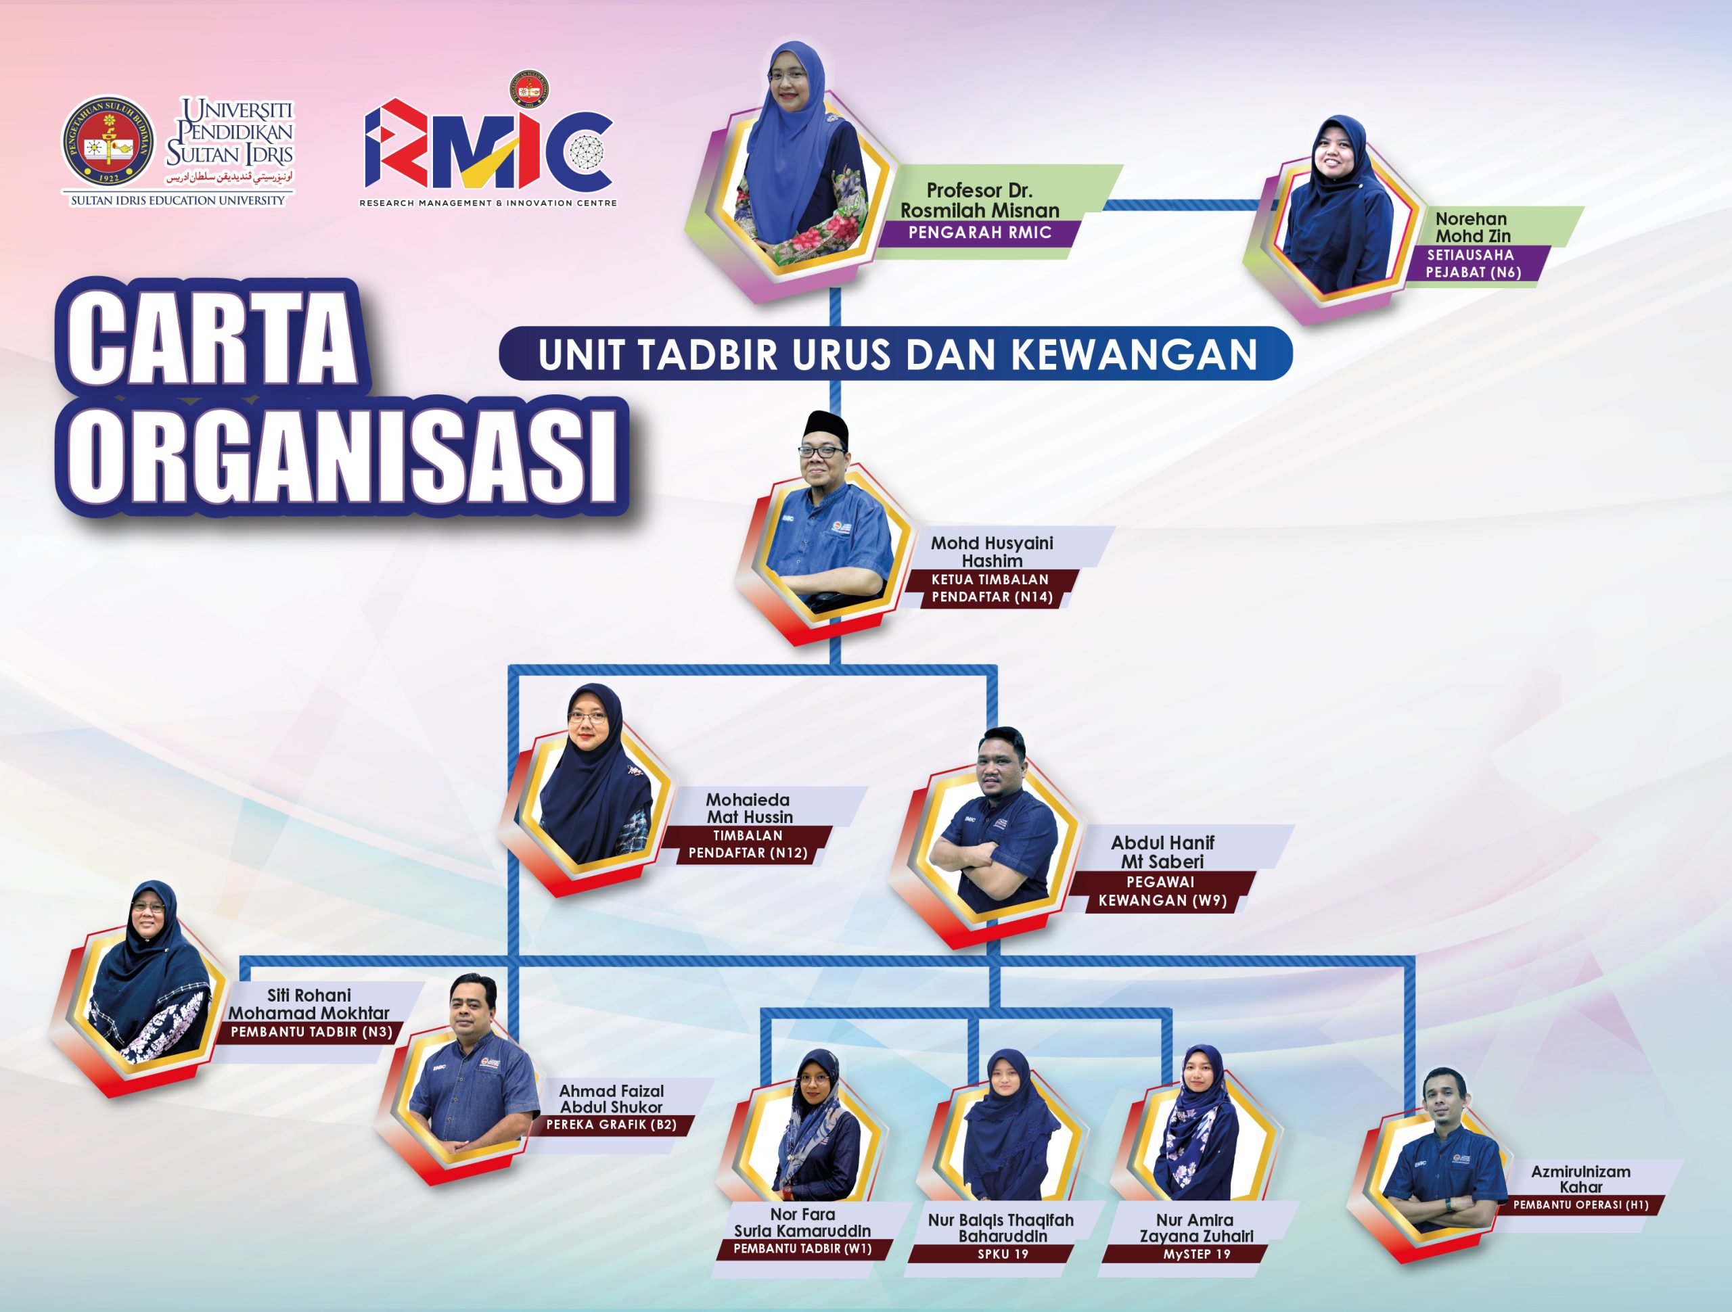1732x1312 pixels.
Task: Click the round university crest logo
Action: pyautogui.click(x=108, y=143)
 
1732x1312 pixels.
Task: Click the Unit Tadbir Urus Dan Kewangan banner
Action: pyautogui.click(x=896, y=354)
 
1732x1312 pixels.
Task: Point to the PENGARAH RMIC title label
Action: pyautogui.click(x=980, y=233)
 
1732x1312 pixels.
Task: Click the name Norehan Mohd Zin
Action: pyautogui.click(x=1472, y=227)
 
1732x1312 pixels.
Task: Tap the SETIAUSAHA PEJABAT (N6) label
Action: pyautogui.click(x=1472, y=264)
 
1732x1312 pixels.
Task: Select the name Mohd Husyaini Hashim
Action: pyautogui.click(x=991, y=552)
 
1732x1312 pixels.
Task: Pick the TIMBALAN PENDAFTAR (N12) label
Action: pyautogui.click(x=748, y=845)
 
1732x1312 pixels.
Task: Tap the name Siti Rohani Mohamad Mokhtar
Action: pyautogui.click(x=309, y=1004)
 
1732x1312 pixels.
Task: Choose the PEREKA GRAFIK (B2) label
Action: pyautogui.click(x=611, y=1125)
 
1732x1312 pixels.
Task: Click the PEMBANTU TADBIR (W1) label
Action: pyautogui.click(x=802, y=1248)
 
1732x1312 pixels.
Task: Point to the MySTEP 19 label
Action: pyautogui.click(x=1196, y=1254)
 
